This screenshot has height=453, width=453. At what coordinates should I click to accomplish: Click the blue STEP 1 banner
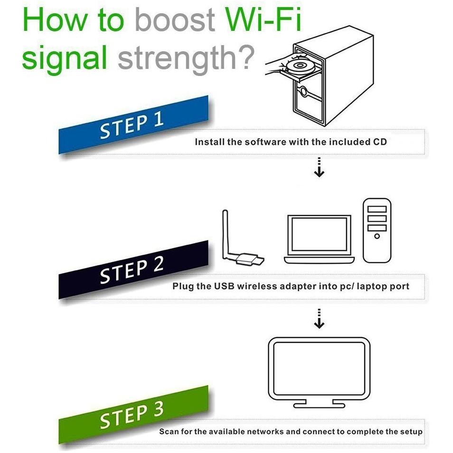point(133,125)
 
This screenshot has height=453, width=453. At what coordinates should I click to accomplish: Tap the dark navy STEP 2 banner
point(133,270)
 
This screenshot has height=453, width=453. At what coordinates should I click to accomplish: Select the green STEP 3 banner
point(133,415)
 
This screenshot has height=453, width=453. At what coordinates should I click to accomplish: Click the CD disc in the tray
point(299,66)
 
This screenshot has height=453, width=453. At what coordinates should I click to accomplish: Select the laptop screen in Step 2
point(319,235)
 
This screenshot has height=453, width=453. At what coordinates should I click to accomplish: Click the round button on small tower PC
point(377,236)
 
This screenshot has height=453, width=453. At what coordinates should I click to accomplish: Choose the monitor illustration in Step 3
point(319,372)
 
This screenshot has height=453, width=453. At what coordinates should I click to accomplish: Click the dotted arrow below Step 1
point(319,167)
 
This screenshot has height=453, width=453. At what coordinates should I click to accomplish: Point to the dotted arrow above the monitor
point(319,319)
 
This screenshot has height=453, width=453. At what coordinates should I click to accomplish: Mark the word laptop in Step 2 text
point(372,287)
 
